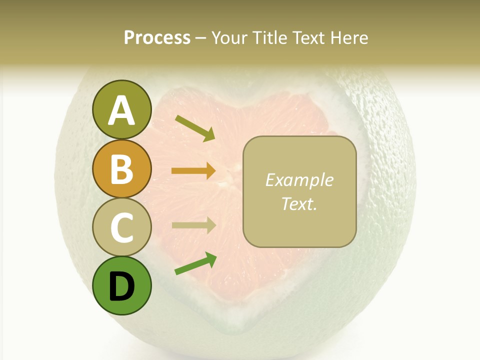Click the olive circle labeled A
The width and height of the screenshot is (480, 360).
(121, 109)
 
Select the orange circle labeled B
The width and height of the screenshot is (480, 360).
(121, 168)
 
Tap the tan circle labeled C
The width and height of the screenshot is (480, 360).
(121, 227)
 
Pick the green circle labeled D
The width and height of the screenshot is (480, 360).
(121, 286)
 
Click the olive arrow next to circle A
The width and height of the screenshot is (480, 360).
(195, 128)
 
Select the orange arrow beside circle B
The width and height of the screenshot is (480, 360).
(194, 171)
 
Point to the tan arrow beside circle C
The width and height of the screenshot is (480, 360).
(194, 225)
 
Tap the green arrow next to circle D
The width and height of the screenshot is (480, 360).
(195, 263)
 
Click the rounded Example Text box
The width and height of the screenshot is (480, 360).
(299, 191)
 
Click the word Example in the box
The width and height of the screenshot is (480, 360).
(299, 180)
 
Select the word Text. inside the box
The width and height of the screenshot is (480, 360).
(299, 203)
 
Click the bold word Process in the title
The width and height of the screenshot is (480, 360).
(157, 37)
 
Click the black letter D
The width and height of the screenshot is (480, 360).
(121, 287)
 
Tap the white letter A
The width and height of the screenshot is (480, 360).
(121, 110)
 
